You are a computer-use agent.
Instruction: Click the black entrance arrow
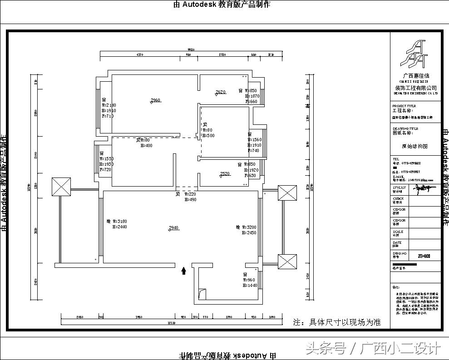(x=183, y=271)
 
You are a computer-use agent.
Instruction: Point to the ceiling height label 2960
(x=156, y=100)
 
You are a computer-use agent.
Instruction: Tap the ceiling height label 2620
(x=221, y=92)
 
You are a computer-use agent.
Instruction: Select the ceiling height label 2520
(x=225, y=173)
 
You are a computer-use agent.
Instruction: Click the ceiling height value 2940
(x=173, y=227)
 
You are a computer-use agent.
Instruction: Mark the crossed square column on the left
(x=61, y=187)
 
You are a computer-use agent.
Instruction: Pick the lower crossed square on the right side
(x=287, y=261)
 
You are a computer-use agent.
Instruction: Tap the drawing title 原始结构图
(x=414, y=146)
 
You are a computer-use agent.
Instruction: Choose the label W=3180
(x=119, y=221)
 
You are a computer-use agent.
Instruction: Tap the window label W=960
(x=250, y=280)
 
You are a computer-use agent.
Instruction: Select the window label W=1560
(x=255, y=140)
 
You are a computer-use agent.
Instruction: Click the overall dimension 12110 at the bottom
(x=170, y=323)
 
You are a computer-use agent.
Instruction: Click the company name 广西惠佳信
(x=416, y=76)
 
